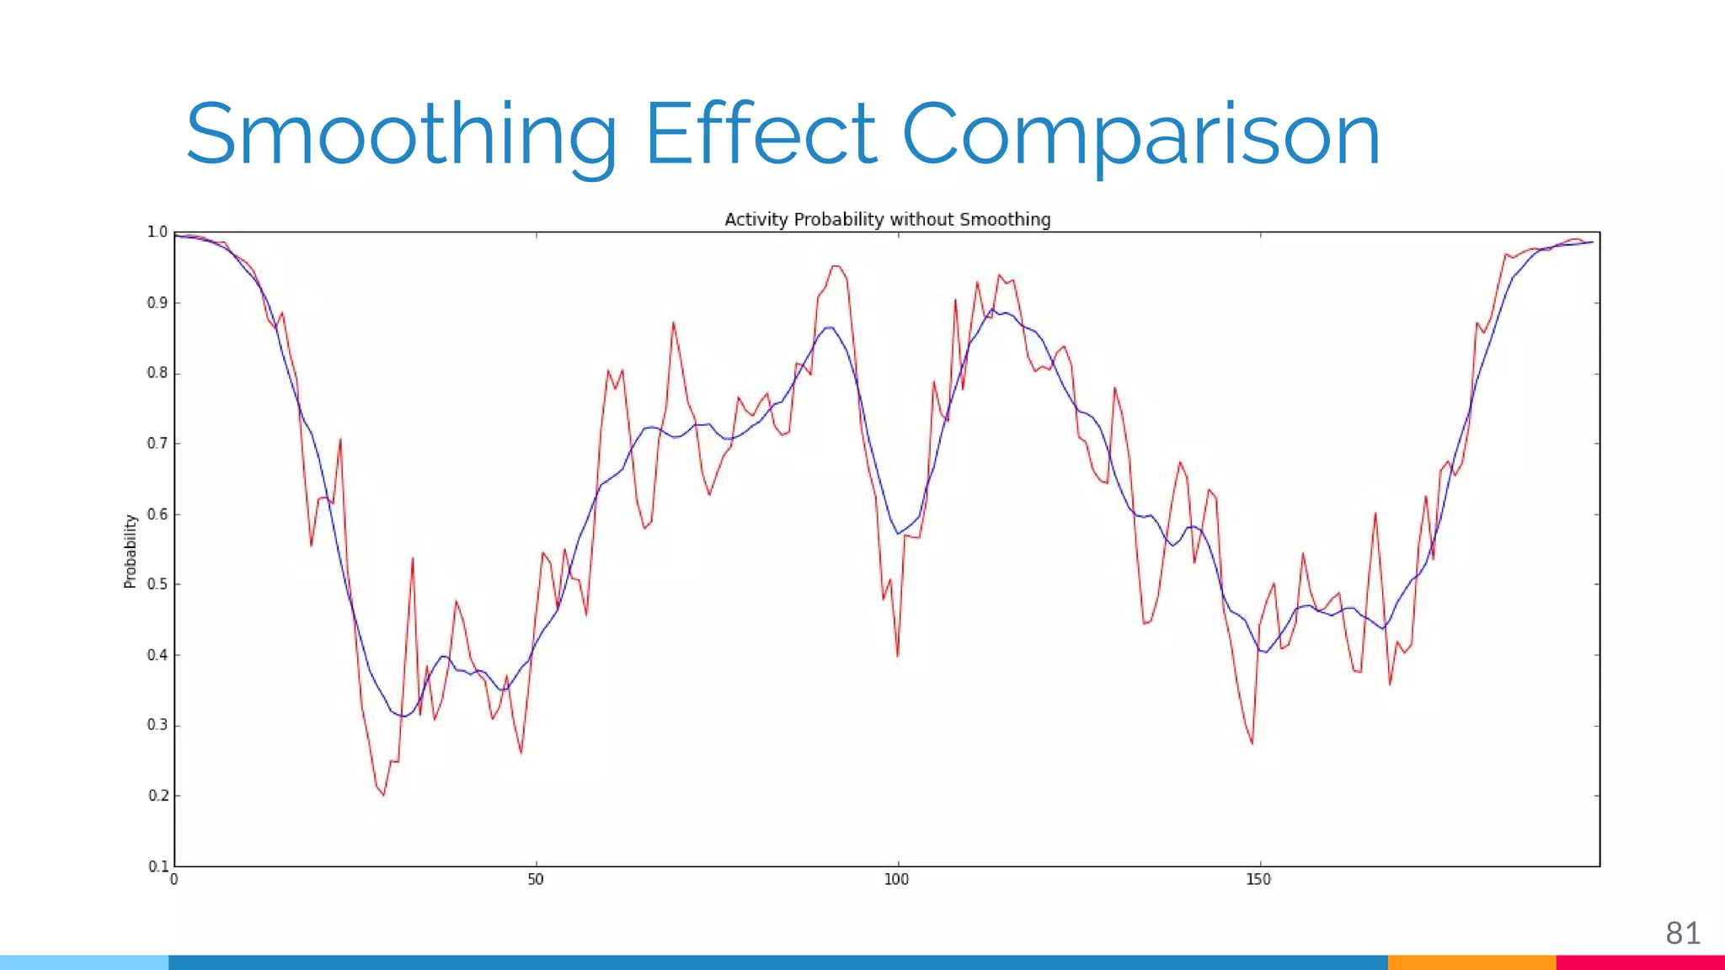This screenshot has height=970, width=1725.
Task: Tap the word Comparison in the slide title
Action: pyautogui.click(x=1140, y=135)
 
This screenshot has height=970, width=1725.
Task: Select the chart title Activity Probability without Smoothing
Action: pyautogui.click(x=887, y=220)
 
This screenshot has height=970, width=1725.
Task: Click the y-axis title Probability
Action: pyautogui.click(x=131, y=551)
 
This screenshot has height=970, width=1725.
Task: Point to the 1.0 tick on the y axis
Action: pyautogui.click(x=158, y=232)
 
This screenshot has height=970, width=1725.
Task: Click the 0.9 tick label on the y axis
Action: pyautogui.click(x=158, y=302)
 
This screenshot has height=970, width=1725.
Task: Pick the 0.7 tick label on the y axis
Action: pyautogui.click(x=158, y=443)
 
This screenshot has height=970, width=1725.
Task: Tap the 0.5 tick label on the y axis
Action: pyautogui.click(x=158, y=584)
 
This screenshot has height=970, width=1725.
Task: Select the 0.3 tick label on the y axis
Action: pyautogui.click(x=158, y=725)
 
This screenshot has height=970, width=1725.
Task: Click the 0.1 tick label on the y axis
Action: pyautogui.click(x=158, y=866)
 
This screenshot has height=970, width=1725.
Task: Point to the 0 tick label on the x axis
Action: pyautogui.click(x=174, y=880)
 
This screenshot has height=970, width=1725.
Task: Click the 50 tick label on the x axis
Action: pyautogui.click(x=536, y=880)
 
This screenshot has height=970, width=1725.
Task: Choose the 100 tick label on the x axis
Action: pyautogui.click(x=897, y=880)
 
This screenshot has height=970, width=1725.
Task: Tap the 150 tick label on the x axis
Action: pyautogui.click(x=1258, y=880)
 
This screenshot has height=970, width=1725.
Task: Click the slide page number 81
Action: pyautogui.click(x=1682, y=933)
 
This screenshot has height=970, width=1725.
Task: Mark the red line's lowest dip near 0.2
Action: pyautogui.click(x=383, y=794)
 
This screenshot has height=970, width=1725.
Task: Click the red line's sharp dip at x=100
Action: pyautogui.click(x=898, y=656)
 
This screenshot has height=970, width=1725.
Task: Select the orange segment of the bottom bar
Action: pyautogui.click(x=1471, y=962)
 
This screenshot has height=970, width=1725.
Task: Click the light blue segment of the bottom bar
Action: pyautogui.click(x=84, y=962)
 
